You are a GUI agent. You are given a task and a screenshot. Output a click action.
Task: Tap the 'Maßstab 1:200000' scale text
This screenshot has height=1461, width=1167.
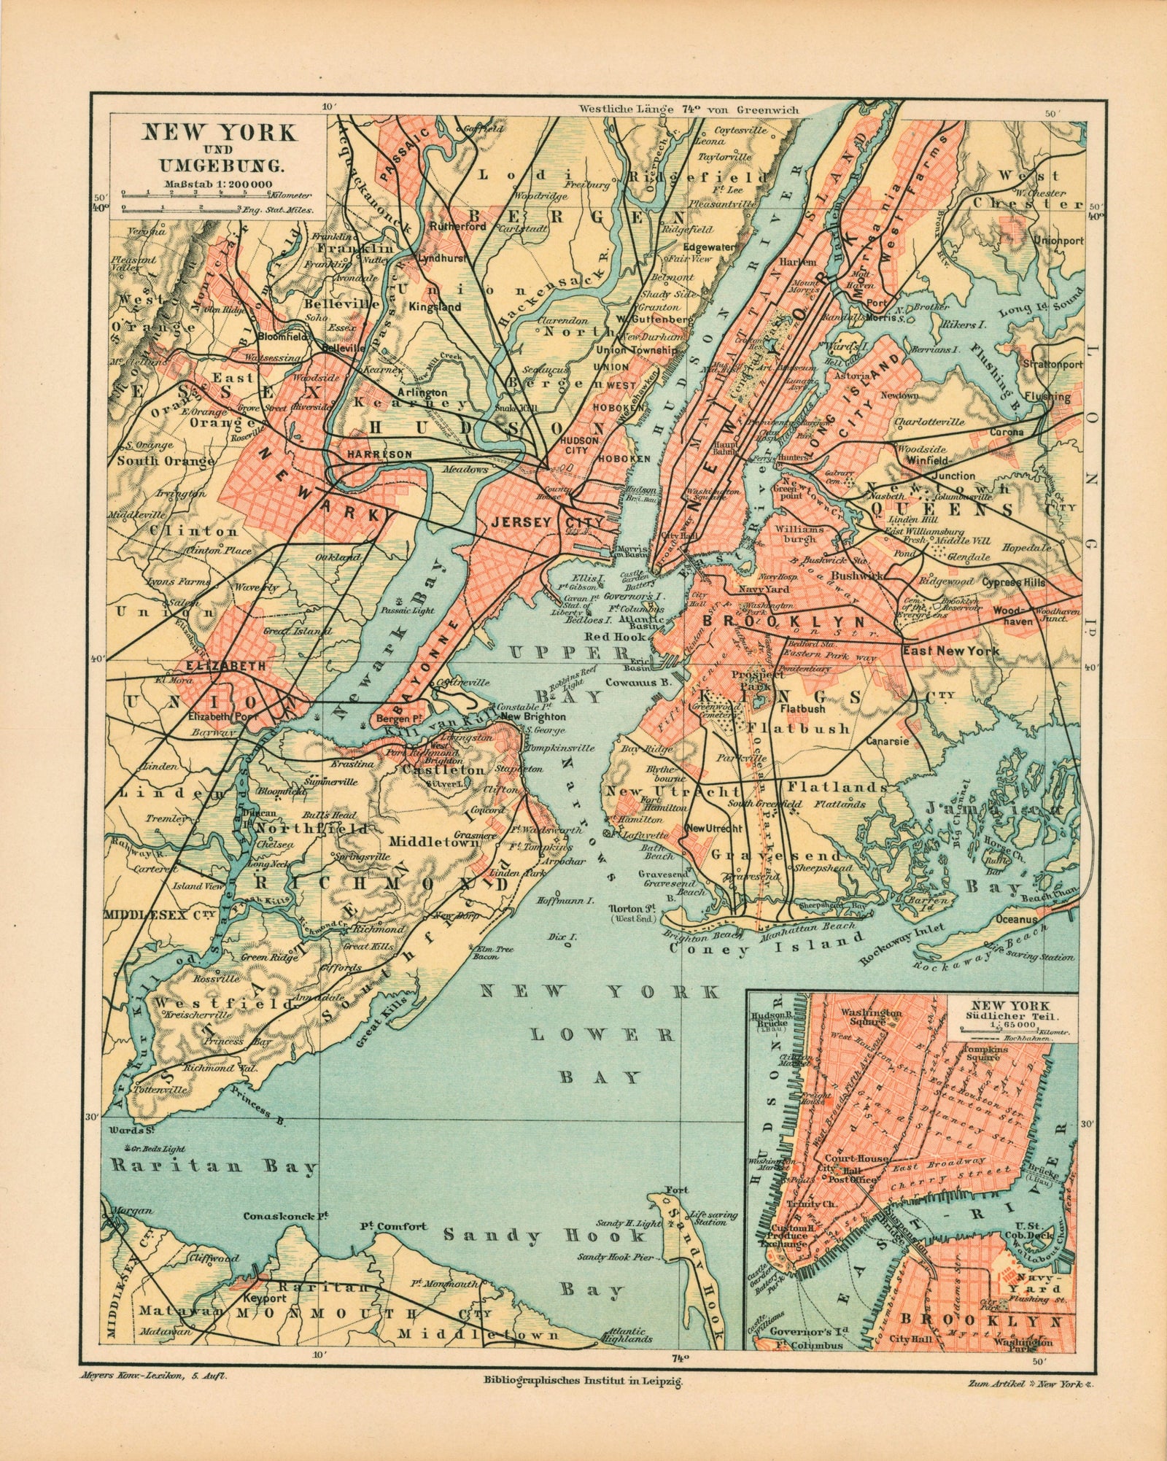tap(218, 184)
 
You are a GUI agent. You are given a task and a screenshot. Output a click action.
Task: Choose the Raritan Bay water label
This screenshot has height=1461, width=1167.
tap(212, 1166)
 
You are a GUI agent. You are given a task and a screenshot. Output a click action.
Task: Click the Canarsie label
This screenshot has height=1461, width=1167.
tap(888, 742)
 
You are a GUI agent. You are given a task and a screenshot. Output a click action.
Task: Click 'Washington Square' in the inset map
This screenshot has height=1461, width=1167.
tap(872, 1018)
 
